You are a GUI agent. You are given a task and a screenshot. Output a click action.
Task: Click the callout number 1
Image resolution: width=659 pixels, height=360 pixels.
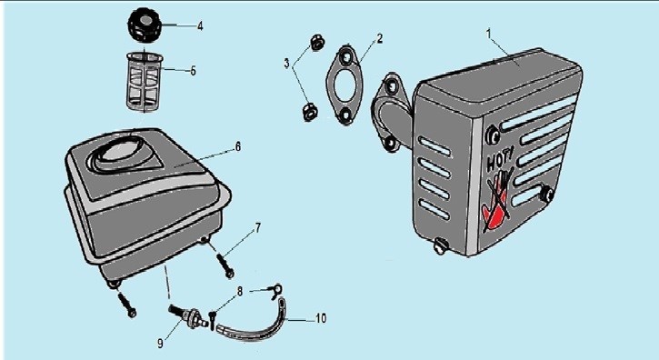489,34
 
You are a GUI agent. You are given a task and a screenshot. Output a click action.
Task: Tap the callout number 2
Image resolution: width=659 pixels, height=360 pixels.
380,39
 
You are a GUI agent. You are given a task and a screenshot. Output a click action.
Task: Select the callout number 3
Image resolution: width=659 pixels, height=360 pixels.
286,64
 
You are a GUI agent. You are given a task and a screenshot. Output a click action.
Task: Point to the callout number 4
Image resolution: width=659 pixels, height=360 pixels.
200,26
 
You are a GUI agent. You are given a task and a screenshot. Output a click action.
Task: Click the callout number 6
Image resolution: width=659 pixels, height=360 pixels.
238,146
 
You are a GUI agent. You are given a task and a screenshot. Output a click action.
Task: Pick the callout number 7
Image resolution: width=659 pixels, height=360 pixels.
258,228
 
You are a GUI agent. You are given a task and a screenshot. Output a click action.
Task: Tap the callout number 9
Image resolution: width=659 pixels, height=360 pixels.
160,343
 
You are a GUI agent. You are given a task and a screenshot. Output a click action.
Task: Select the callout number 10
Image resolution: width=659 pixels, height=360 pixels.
321,318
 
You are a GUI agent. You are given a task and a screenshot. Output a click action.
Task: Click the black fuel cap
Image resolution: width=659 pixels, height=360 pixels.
145,25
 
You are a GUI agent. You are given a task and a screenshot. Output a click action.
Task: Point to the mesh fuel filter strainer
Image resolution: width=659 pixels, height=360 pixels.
145,83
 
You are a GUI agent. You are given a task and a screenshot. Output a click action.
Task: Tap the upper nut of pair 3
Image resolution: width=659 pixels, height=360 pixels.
316,43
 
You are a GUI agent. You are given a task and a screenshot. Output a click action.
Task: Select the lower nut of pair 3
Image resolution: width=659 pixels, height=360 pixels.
310,113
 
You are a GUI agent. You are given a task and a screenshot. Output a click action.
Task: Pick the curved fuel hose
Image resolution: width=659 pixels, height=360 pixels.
255,324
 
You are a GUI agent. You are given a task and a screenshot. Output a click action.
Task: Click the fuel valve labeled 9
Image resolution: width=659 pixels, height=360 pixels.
188,315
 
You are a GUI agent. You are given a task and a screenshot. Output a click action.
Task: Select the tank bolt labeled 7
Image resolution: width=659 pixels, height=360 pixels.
225,265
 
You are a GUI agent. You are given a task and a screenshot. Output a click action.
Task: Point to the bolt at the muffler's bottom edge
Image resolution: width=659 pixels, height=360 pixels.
440,246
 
